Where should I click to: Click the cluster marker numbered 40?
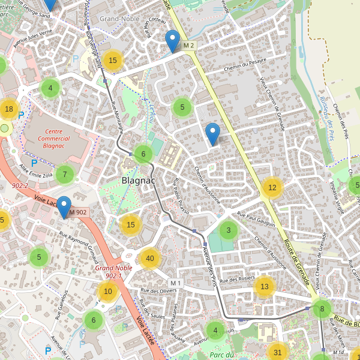point(150,259)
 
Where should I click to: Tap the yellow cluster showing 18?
point(8,109)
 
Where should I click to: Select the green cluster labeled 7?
point(65,174)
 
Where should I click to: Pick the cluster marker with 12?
point(272,188)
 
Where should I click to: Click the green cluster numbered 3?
point(228,230)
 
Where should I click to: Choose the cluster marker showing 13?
point(265,287)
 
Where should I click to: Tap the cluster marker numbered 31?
point(277,352)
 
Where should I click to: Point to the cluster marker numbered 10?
point(108,292)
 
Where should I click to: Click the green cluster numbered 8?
point(322,309)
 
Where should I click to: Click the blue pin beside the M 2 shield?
point(173,41)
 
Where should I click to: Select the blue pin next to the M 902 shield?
point(63,207)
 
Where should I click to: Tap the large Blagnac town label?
point(139,179)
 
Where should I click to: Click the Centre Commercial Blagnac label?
point(54,139)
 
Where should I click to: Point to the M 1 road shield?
point(175,283)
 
